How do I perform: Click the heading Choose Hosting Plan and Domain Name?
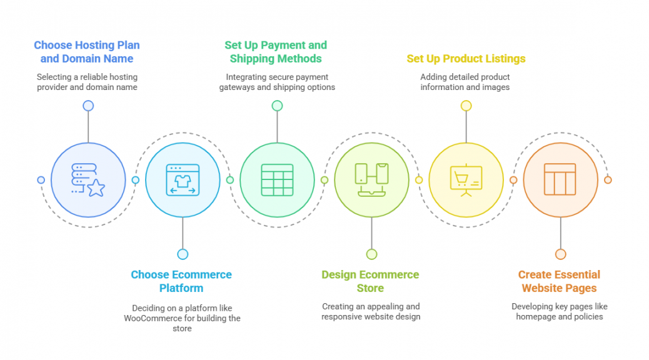(x=87, y=52)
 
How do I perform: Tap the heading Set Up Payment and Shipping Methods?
(x=276, y=52)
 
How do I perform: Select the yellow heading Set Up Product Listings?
(x=466, y=59)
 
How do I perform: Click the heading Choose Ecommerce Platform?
(x=181, y=281)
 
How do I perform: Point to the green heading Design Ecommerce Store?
(x=370, y=281)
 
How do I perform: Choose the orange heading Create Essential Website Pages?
(x=559, y=281)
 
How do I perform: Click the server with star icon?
(x=88, y=180)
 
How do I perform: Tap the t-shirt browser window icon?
(x=183, y=180)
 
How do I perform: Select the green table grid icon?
(x=278, y=180)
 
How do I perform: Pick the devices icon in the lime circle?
(x=371, y=180)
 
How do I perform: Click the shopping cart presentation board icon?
(x=466, y=180)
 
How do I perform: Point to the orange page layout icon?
(x=560, y=179)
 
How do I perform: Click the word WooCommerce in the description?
(x=153, y=318)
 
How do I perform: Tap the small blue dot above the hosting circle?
(x=88, y=106)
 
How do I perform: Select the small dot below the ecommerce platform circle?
(x=183, y=254)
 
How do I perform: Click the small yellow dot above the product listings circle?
(x=466, y=106)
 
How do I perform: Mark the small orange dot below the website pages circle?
(x=560, y=254)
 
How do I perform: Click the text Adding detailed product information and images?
(x=465, y=82)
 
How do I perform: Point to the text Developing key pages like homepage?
(x=559, y=311)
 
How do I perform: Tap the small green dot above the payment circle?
(x=278, y=106)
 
